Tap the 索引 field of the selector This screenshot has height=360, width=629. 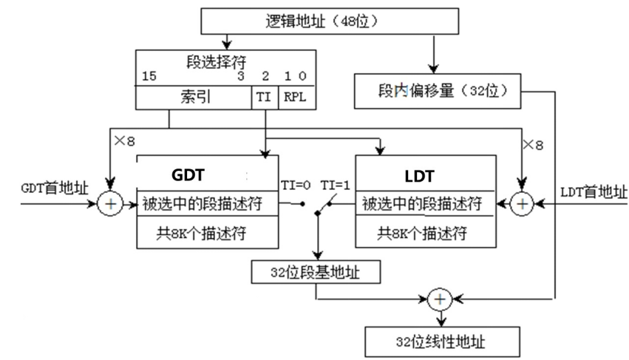click(193, 97)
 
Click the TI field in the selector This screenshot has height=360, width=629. click(264, 97)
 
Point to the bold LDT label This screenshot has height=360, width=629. click(419, 176)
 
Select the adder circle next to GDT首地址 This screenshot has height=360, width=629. click(110, 204)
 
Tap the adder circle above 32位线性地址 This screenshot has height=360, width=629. click(441, 299)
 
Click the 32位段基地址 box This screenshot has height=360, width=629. click(316, 273)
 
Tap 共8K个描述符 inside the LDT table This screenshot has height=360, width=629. click(422, 234)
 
